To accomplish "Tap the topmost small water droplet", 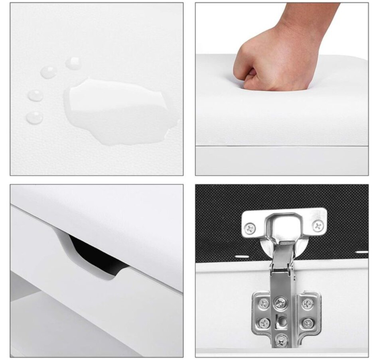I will [74, 63].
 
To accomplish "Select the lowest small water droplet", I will [35, 117].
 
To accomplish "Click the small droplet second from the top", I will [49, 72].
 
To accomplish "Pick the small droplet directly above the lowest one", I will [36, 95].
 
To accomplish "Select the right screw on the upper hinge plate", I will [318, 226].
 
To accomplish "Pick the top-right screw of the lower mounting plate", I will [307, 304].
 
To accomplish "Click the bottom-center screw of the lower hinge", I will [282, 340].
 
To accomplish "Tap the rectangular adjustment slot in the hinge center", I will [282, 321].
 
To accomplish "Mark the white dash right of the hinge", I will [361, 252].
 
